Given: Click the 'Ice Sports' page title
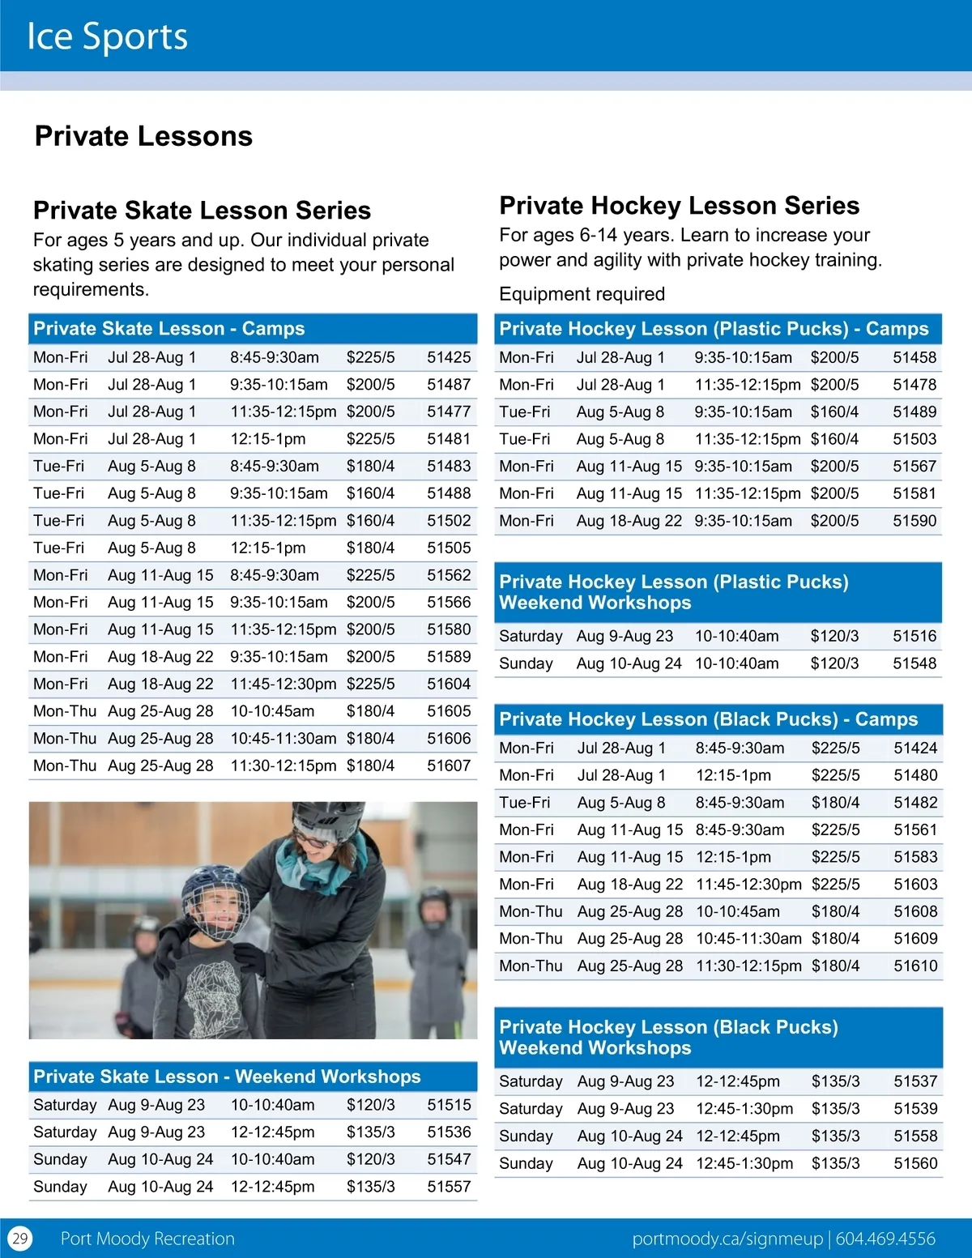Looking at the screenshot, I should tap(107, 37).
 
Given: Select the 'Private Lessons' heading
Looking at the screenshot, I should tap(143, 136).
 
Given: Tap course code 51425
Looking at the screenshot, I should tap(449, 357).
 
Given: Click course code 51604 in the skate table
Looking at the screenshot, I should tap(449, 684).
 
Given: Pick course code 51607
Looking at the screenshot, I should tap(449, 765).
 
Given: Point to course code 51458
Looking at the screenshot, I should tap(914, 357).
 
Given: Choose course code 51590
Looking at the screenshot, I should tap(914, 521).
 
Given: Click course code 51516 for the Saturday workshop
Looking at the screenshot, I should tap(914, 636).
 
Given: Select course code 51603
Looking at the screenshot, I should tap(915, 885).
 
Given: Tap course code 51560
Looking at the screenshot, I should tap(915, 1163).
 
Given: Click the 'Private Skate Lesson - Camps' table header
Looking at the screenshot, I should tap(169, 328).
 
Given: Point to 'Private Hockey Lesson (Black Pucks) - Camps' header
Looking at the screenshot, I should tap(709, 719).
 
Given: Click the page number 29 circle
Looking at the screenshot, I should tap(19, 1239).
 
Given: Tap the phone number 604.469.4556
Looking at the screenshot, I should tap(885, 1239).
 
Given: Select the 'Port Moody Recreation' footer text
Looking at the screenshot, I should tap(147, 1239).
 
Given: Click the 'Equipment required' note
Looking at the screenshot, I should tap(582, 294).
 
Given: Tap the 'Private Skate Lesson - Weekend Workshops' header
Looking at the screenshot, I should tap(227, 1077).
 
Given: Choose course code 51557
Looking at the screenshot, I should tap(449, 1187).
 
